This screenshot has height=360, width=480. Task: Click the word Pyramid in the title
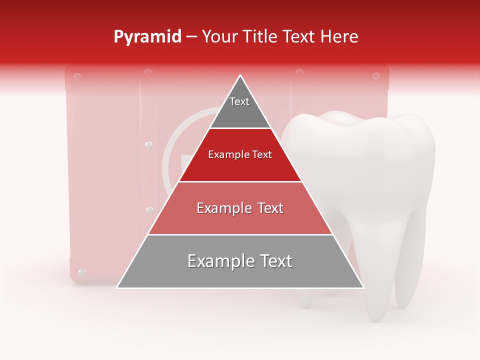click(x=147, y=37)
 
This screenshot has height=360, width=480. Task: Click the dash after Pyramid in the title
click(x=191, y=37)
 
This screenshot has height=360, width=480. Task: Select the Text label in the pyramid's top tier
click(x=239, y=101)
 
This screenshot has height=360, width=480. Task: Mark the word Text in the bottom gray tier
click(x=273, y=261)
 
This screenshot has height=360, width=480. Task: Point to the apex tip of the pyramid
click(x=240, y=75)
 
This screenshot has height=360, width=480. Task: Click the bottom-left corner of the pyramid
click(x=117, y=287)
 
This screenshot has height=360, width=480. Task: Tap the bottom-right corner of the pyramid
click(x=363, y=287)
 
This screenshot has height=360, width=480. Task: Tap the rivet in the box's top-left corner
click(x=77, y=76)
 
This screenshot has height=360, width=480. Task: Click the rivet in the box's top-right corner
click(x=376, y=76)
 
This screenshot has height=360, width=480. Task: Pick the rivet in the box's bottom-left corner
click(x=82, y=272)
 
